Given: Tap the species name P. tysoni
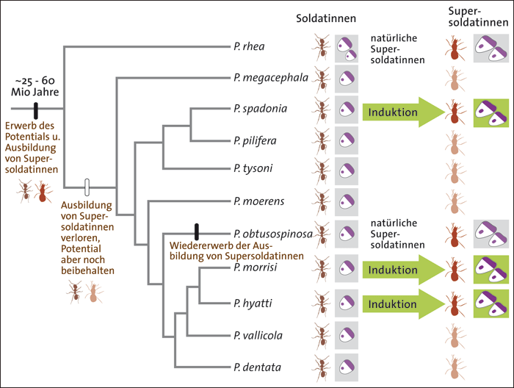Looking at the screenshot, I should click(x=251, y=168).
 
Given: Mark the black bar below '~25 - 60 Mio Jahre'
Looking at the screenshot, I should click(x=35, y=110).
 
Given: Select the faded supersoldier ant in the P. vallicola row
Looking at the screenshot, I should click(x=452, y=335).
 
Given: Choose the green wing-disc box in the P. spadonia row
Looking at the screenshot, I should click(x=491, y=112).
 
